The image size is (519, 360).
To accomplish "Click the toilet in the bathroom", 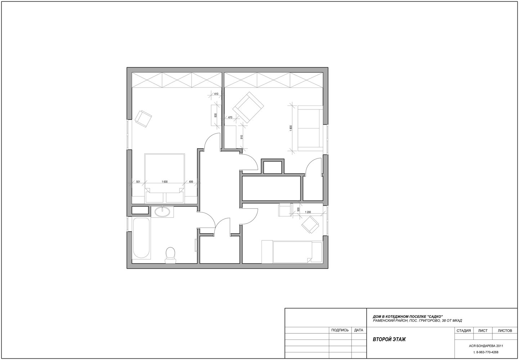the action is tap(170, 255).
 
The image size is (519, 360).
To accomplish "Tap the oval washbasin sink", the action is tap(162, 212).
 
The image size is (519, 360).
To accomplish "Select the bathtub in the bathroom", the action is tap(141, 238).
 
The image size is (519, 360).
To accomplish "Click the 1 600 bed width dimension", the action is tap(165, 182).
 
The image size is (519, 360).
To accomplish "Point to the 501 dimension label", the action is tap(138, 182).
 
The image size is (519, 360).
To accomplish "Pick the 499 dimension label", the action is tap(191, 182).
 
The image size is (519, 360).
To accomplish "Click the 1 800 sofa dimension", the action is tap(291, 128).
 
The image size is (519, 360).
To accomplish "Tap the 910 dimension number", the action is tap(242, 137).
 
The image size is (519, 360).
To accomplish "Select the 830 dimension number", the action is tap(216, 115).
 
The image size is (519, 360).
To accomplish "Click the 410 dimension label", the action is tap(216, 94).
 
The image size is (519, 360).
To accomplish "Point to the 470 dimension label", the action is tap(230, 117).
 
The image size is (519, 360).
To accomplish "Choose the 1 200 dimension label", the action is tap(308, 212).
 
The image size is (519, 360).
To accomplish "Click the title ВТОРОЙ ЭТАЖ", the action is tap(389, 339).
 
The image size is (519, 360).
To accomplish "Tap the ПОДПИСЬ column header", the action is tap(340, 330).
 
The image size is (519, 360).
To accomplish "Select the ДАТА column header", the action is tap(359, 330).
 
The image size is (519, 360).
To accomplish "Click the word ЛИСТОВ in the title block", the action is tap(505, 330).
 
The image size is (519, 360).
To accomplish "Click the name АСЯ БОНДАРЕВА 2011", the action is tap(486, 346).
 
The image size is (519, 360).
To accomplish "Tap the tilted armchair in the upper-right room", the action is tap(248, 107).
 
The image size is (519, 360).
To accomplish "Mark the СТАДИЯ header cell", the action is tap(464, 330).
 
